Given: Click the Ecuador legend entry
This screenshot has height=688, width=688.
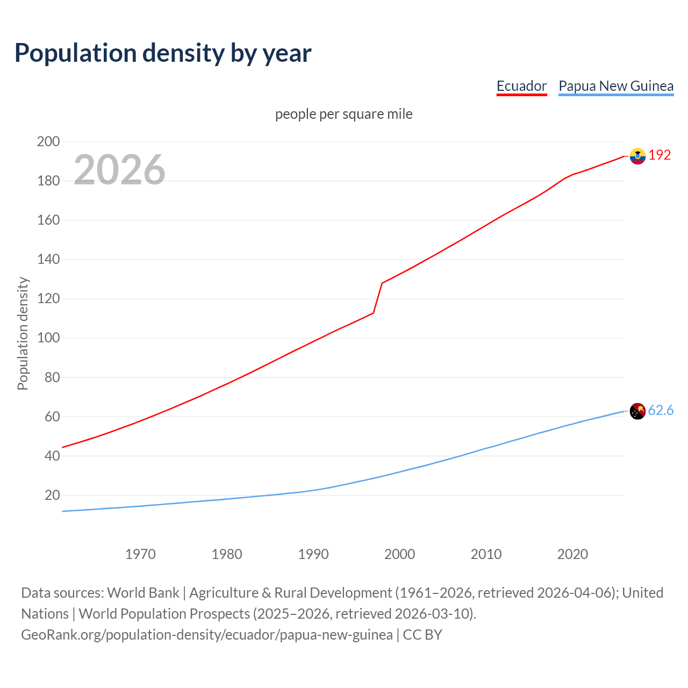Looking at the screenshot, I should pyautogui.click(x=521, y=86).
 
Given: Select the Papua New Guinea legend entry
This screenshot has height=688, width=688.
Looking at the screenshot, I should pyautogui.click(x=616, y=86).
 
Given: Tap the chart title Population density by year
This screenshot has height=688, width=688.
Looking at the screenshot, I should pyautogui.click(x=163, y=53).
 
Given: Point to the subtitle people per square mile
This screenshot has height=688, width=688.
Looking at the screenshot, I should pyautogui.click(x=343, y=114).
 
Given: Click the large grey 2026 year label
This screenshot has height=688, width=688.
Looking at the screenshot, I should pyautogui.click(x=119, y=170).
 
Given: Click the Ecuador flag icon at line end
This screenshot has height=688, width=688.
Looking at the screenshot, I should pyautogui.click(x=637, y=156).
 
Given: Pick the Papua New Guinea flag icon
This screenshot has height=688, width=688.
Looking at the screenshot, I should pyautogui.click(x=637, y=411).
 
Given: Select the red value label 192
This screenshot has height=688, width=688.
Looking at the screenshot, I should pyautogui.click(x=660, y=155).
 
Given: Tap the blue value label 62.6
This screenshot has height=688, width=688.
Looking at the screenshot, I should pyautogui.click(x=661, y=410).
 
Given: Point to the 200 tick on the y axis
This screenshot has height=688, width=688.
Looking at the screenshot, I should pyautogui.click(x=48, y=141).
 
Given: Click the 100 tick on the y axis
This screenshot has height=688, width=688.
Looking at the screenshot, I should pyautogui.click(x=48, y=338).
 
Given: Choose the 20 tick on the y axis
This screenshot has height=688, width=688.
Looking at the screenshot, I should pyautogui.click(x=52, y=495).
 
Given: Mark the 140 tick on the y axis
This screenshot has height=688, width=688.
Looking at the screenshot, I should pyautogui.click(x=48, y=259).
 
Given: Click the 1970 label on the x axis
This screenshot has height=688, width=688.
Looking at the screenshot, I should pyautogui.click(x=140, y=554).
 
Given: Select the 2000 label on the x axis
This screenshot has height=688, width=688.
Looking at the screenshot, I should pyautogui.click(x=400, y=554).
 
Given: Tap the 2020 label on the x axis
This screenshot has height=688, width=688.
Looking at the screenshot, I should pyautogui.click(x=572, y=554).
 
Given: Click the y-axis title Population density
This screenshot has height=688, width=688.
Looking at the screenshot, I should pyautogui.click(x=23, y=333).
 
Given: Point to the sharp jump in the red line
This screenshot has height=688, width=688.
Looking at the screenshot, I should pyautogui.click(x=378, y=298).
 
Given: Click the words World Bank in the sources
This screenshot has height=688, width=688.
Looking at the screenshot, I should pyautogui.click(x=143, y=593).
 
